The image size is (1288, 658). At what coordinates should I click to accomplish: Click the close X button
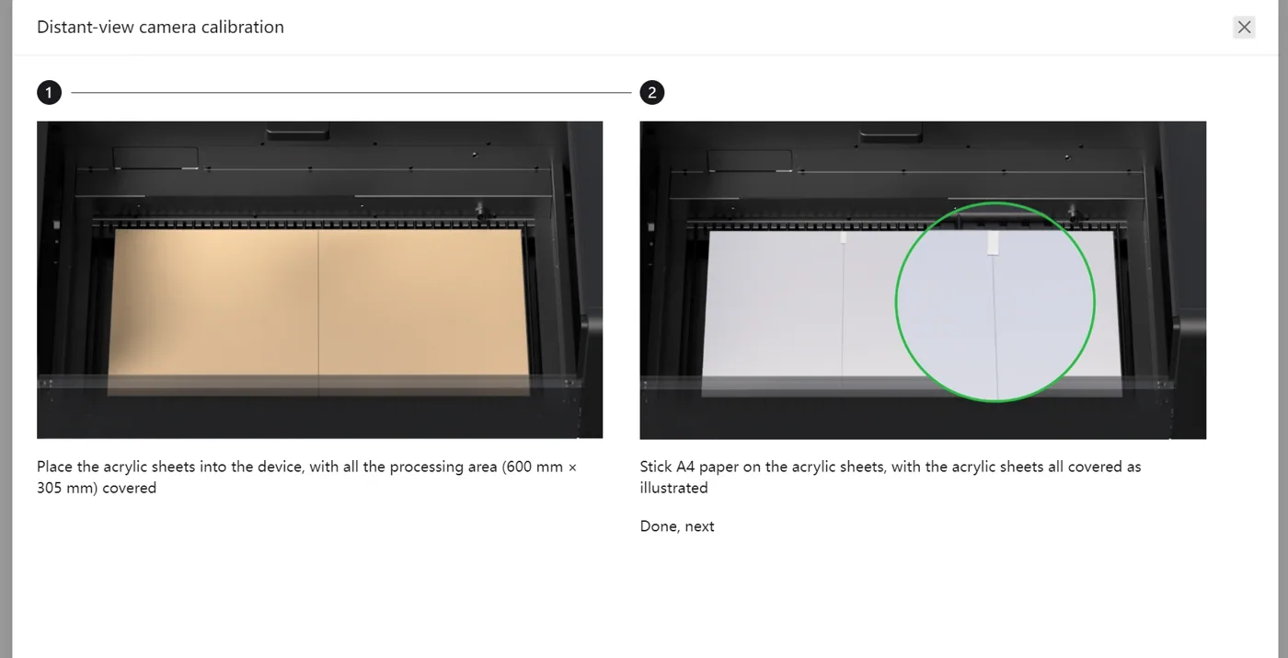pyautogui.click(x=1244, y=27)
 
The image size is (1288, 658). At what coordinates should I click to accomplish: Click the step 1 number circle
pyautogui.click(x=49, y=93)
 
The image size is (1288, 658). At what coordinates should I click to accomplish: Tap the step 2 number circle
pyautogui.click(x=652, y=93)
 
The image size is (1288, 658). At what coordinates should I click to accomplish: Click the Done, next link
pyautogui.click(x=677, y=526)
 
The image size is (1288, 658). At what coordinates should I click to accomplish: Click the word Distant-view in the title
pyautogui.click(x=85, y=27)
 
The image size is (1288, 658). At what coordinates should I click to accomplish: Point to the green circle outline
pyautogui.click(x=895, y=302)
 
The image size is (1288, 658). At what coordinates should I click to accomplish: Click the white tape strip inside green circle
pyautogui.click(x=993, y=243)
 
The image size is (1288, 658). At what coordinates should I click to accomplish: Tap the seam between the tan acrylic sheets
pyautogui.click(x=318, y=312)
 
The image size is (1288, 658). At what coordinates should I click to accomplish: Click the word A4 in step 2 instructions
pyautogui.click(x=684, y=467)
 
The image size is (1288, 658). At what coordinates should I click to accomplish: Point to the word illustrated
pyautogui.click(x=673, y=488)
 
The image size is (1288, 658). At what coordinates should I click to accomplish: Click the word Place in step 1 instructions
pyautogui.click(x=54, y=467)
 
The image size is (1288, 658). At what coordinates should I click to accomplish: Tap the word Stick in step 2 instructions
pyautogui.click(x=655, y=467)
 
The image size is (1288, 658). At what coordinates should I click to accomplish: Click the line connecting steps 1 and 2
pyautogui.click(x=351, y=92)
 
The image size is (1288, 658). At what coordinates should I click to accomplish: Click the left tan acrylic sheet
pyautogui.click(x=213, y=312)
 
